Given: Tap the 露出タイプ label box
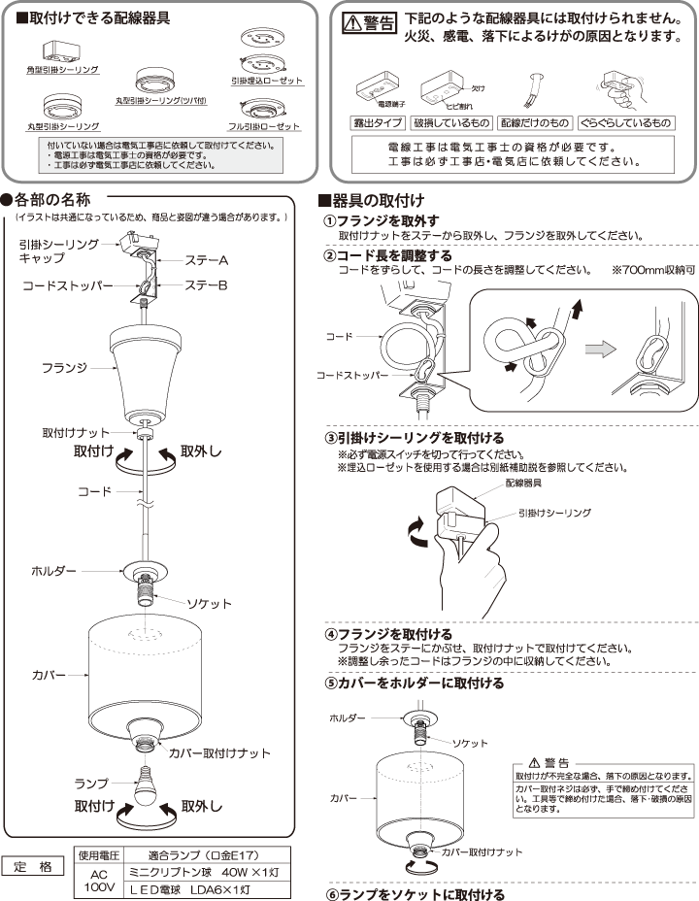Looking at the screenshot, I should pos(378,123).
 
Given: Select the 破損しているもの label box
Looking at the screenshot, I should pos(451,123).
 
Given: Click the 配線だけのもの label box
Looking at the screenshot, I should pos(534,123).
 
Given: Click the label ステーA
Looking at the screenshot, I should pos(206,262).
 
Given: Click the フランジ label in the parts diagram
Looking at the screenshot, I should pos(65,369).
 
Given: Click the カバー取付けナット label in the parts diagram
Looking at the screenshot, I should pos(218,752).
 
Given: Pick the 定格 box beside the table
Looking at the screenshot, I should pos(33,866).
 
